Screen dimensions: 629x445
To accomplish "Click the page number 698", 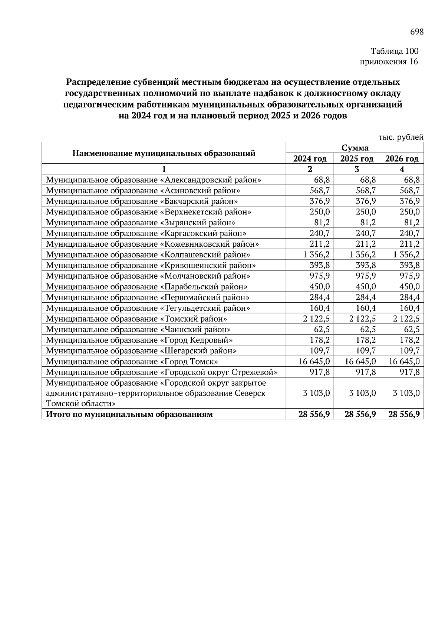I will [416, 32].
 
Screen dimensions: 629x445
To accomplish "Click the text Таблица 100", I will [394, 51].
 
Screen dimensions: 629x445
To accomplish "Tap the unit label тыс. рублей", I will [401, 137].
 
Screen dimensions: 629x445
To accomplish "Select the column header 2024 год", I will [310, 159].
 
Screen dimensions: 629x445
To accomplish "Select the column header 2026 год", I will [402, 159].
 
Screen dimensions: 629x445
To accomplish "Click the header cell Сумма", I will [355, 148].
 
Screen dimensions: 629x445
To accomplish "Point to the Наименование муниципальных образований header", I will [164, 153].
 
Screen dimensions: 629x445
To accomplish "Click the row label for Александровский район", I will [154, 180].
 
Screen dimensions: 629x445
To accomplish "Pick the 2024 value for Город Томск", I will [314, 361].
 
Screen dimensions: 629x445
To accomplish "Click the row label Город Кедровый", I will [139, 340].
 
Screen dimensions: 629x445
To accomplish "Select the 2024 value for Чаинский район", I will [322, 329].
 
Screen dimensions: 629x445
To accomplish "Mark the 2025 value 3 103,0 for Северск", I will [362, 393].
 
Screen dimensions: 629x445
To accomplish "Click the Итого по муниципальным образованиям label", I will [129, 415].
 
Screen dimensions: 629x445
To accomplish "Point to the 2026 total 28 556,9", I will [404, 415].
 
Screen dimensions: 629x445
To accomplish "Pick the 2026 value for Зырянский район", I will [412, 223].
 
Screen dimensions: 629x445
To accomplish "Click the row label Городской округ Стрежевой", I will [162, 372].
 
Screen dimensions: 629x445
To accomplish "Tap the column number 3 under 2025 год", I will [356, 169].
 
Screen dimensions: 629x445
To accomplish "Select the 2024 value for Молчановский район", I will [320, 276].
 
